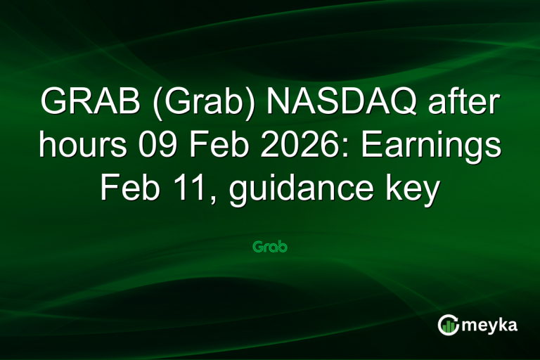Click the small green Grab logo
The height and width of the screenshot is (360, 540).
(x=270, y=247)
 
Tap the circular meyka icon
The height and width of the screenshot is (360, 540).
(x=449, y=324)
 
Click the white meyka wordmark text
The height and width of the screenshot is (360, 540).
(x=492, y=325)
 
